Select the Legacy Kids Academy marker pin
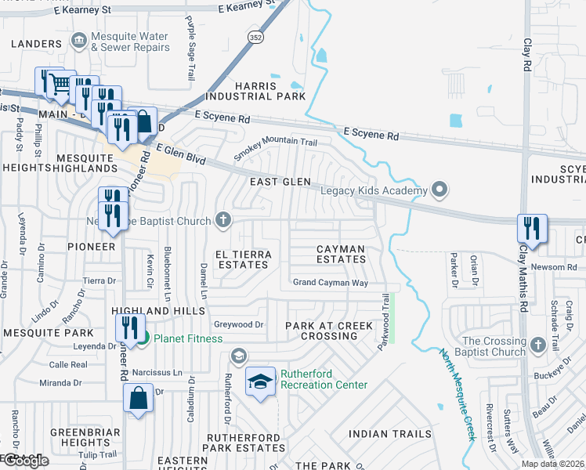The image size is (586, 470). [x=439, y=190]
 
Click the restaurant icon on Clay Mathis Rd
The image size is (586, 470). [x=532, y=228]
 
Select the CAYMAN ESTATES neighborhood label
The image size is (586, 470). [x=341, y=255]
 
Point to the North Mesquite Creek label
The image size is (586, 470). [x=458, y=393]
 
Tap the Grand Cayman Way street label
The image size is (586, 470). [x=329, y=282]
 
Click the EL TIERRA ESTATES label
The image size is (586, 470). [x=243, y=260]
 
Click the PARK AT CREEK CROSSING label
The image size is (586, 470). [x=321, y=331]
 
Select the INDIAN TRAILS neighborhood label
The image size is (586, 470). [x=389, y=433]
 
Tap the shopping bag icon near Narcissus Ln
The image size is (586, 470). [x=138, y=398]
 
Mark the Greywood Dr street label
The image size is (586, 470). [x=238, y=324]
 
